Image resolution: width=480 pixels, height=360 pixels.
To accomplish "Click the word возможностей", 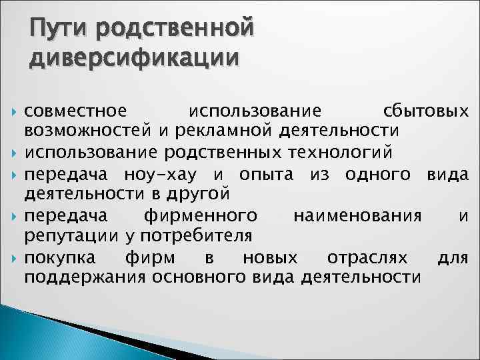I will [90, 131].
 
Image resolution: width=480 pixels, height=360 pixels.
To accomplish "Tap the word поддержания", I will [85, 278].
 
